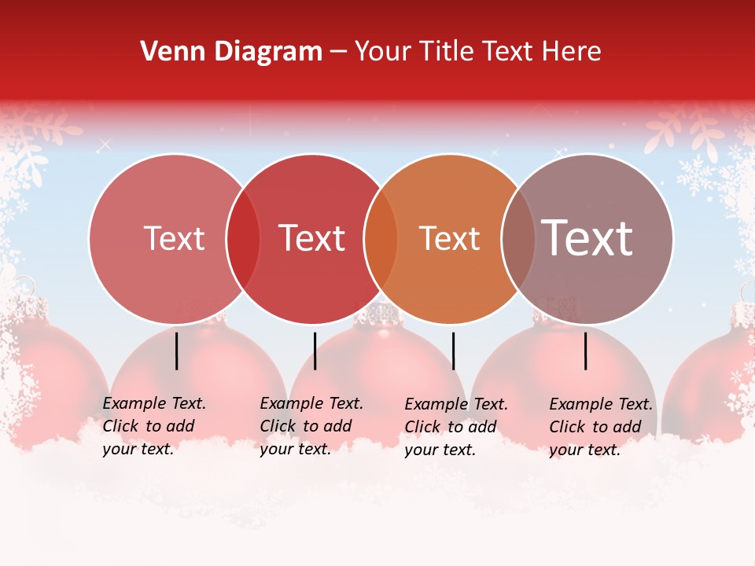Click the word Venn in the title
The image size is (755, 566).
click(170, 52)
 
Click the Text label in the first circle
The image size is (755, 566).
click(174, 238)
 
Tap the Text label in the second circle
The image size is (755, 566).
click(312, 238)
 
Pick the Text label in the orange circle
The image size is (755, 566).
click(450, 238)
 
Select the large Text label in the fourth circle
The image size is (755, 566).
click(587, 238)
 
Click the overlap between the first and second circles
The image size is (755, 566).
click(243, 239)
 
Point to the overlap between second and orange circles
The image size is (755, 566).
click(381, 239)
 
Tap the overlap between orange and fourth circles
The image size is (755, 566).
click(518, 239)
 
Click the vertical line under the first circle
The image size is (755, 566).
click(177, 351)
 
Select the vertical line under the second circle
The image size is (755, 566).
click(315, 351)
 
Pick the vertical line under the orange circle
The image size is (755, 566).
click(453, 351)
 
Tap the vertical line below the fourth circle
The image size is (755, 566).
click(586, 351)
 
